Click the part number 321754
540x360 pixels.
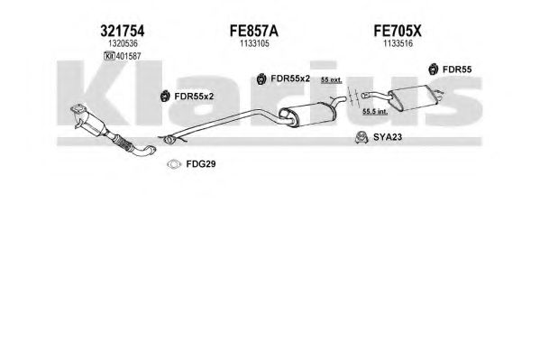click(122, 31)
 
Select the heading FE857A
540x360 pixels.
click(254, 31)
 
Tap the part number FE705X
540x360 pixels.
click(398, 31)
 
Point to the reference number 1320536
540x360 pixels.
click(123, 43)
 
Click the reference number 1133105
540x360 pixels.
click(254, 43)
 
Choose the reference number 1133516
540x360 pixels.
click(398, 43)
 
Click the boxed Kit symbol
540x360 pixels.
click(109, 56)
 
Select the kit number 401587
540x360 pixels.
click(128, 56)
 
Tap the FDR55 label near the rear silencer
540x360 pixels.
click(457, 69)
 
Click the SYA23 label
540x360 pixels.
click(388, 137)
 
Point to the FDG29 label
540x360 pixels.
click(201, 164)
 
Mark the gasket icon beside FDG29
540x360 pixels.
click(174, 164)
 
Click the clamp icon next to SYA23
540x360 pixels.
click(362, 137)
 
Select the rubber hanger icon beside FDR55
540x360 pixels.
click(434, 69)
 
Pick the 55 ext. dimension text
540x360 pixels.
click(331, 80)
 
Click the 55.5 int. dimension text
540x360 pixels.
click(375, 112)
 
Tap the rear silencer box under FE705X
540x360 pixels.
click(413, 98)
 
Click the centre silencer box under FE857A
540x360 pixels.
click(307, 114)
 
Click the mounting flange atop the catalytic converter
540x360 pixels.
click(78, 110)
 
